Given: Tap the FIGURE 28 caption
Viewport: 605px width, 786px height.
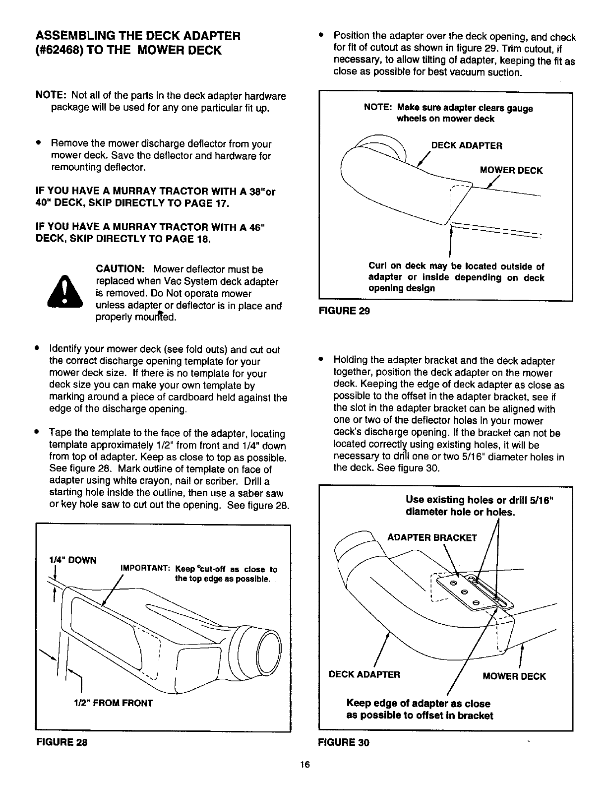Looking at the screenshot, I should point(61,742).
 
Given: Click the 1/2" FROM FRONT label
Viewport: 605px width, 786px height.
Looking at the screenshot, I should point(114,703).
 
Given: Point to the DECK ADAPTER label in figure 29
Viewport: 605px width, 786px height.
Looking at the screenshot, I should point(467,146).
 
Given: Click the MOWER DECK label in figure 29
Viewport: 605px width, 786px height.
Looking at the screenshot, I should point(511,171).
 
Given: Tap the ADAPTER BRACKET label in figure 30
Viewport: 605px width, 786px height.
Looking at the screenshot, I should point(432,537).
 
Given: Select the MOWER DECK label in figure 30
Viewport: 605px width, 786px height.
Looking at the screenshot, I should point(514,676).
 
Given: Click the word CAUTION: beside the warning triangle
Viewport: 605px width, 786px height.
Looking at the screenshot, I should point(120,269).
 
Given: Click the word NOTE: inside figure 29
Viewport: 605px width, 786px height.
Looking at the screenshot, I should point(378,108).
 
